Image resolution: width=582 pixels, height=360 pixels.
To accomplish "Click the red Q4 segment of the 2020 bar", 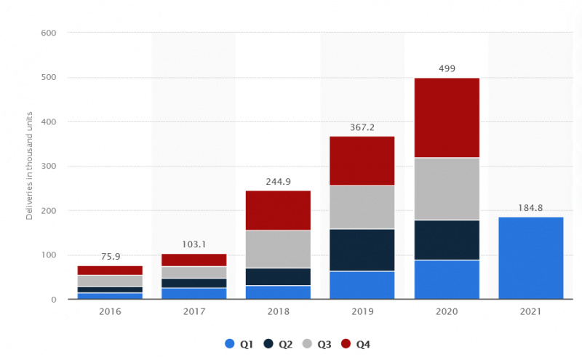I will point(447,117).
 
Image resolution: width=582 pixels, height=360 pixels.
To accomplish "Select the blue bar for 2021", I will point(531,257).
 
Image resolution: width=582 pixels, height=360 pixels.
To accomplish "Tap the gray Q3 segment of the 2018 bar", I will point(277,249).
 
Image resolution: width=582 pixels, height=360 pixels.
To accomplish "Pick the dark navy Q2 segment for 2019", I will point(362,249).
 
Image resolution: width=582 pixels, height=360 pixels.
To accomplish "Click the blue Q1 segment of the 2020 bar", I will point(447,279).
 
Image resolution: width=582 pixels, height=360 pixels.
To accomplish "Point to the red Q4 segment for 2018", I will point(277,210).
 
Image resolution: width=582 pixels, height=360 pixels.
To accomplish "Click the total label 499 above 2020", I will point(447,68).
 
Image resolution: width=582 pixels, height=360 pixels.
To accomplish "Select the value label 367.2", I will point(362,127).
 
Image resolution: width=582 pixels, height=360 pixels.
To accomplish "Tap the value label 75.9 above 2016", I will point(110,256).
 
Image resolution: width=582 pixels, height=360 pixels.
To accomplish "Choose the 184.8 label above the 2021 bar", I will point(531,207).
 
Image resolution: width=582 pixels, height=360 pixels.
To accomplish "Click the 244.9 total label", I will point(277,181).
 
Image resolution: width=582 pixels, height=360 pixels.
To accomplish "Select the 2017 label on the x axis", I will point(194,311).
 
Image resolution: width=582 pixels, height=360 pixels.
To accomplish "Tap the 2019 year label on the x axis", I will point(362,311).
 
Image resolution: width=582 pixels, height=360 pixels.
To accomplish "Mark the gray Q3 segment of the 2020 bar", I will point(447,188).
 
